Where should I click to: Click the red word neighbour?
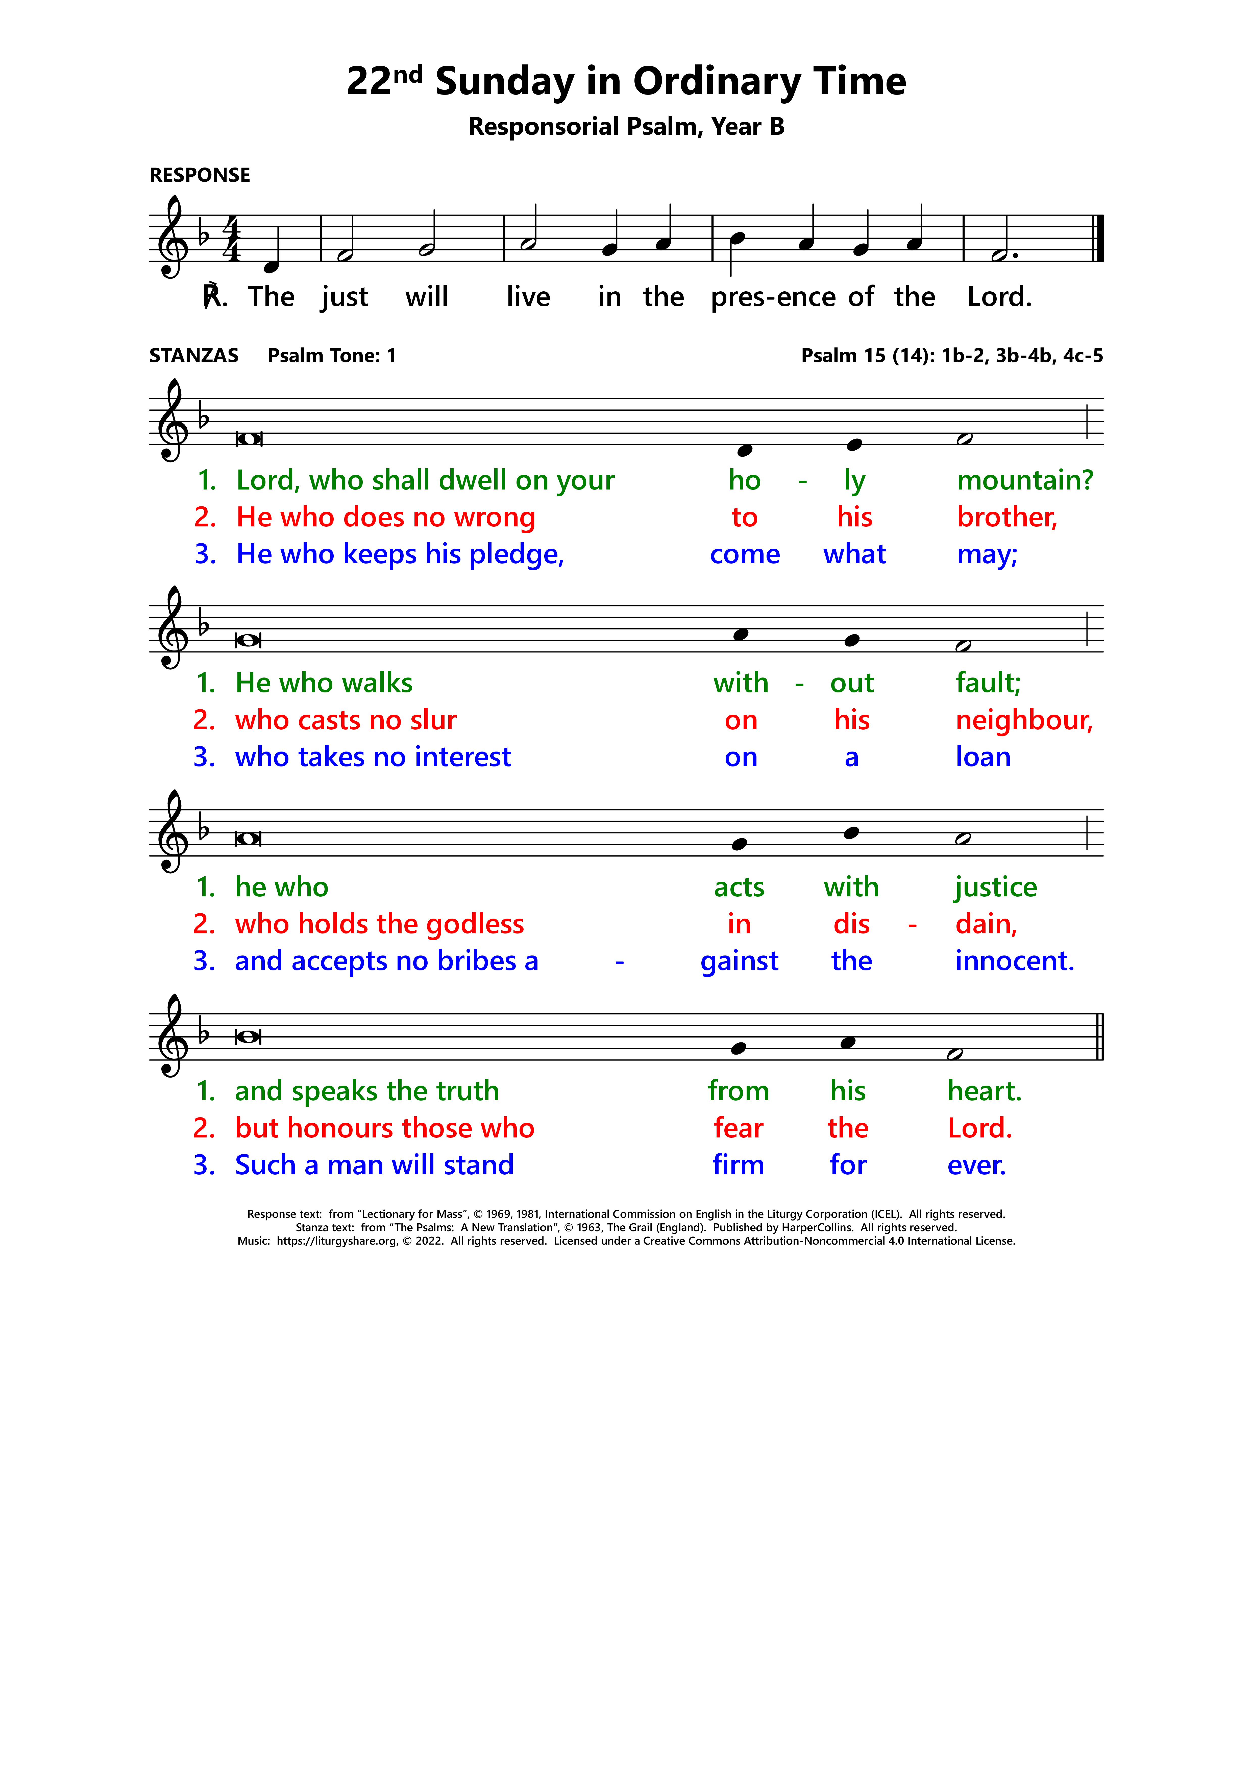pos(1024,720)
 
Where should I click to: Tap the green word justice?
pos(995,887)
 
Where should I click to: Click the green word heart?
pos(984,1091)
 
